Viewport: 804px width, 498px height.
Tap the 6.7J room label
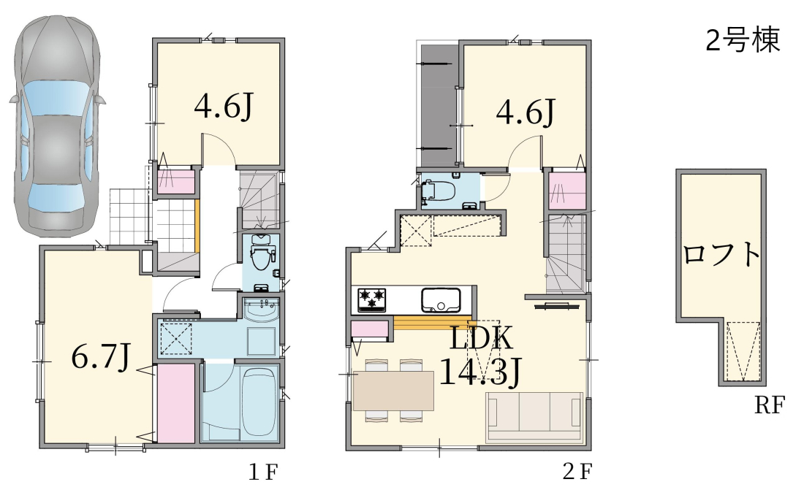point(101,356)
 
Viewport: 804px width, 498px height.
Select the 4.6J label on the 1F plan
point(224,106)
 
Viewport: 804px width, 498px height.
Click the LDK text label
point(482,339)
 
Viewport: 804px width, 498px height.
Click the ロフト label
point(721,254)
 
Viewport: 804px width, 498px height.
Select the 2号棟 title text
point(743,39)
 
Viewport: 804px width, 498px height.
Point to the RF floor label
point(769,405)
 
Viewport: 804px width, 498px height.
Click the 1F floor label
point(262,472)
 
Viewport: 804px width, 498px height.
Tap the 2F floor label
point(577,472)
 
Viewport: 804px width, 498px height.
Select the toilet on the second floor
point(439,191)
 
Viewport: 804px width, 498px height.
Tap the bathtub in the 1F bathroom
point(259,402)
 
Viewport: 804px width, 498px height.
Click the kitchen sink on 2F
point(441,299)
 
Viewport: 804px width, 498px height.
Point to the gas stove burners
point(372,299)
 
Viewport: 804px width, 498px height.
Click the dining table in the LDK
point(393,391)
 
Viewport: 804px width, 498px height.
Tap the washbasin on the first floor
point(262,309)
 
